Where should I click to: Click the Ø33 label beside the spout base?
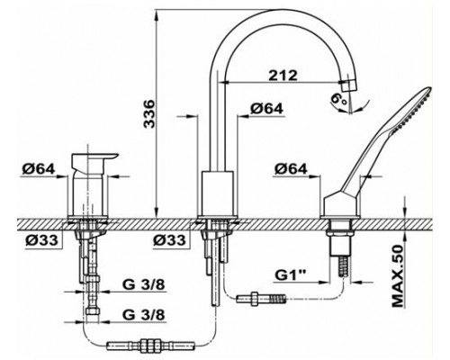tap(171, 241)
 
